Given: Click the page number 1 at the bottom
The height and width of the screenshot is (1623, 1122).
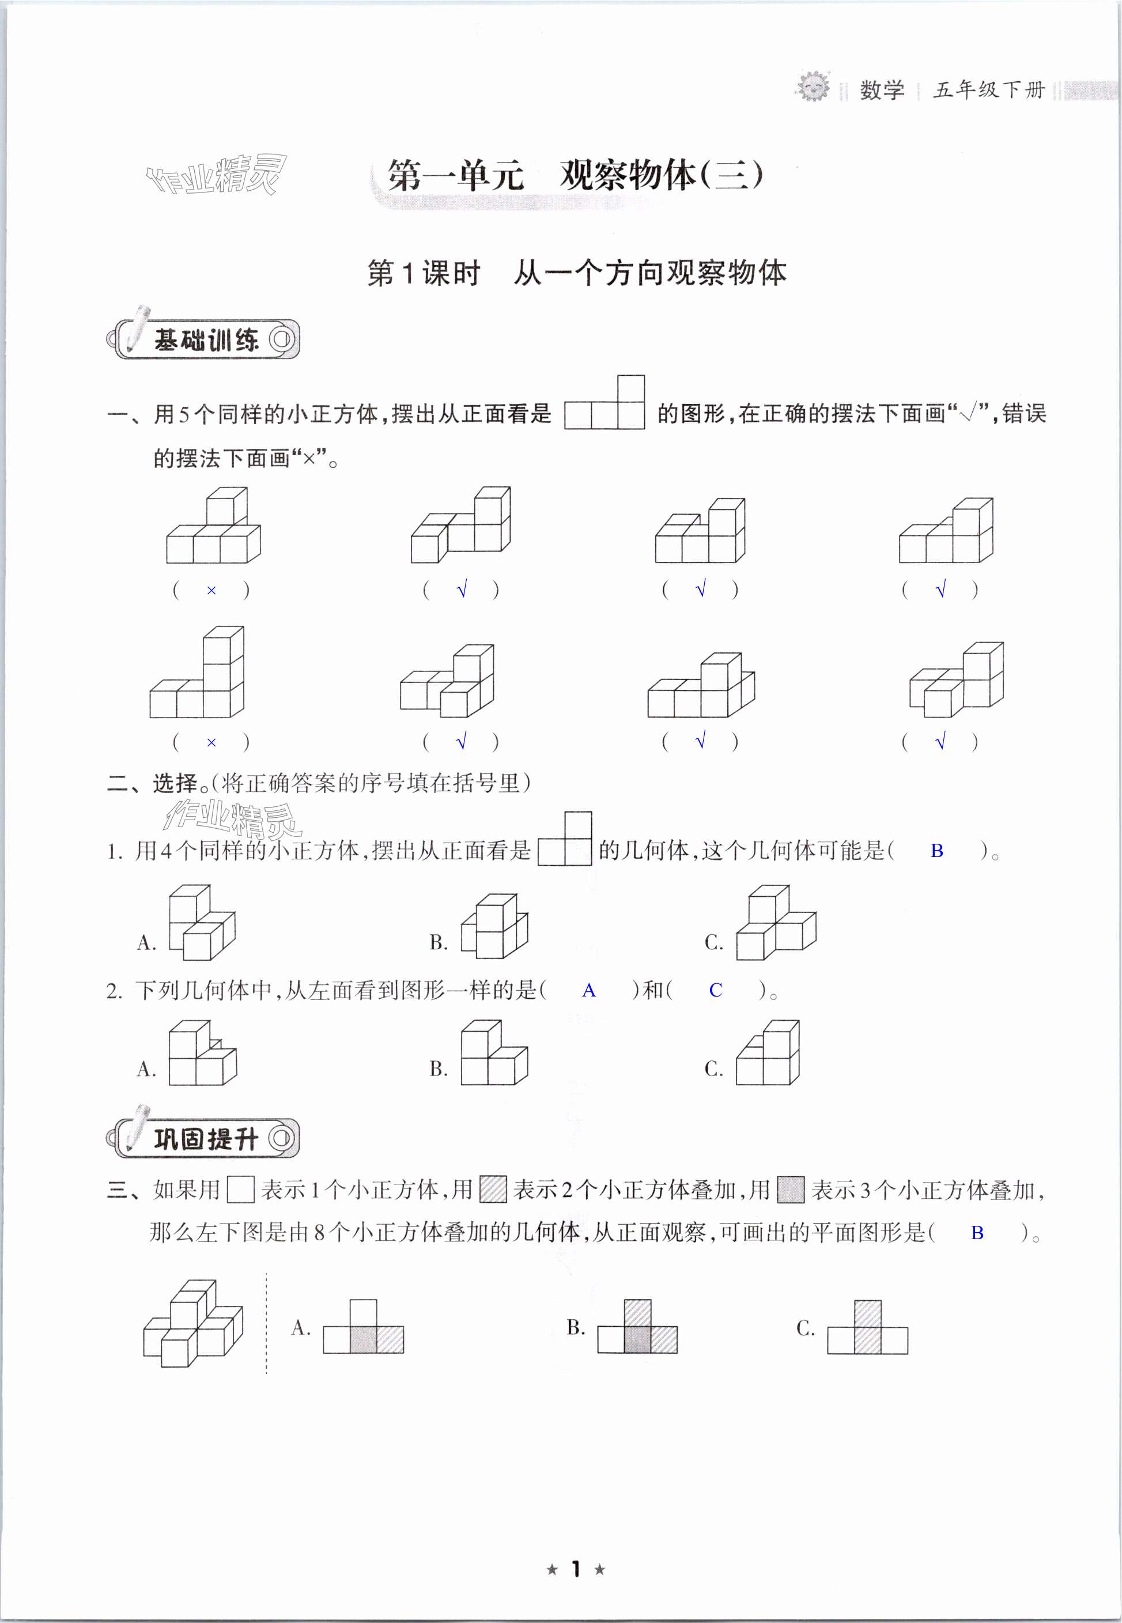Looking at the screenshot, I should coord(576,1568).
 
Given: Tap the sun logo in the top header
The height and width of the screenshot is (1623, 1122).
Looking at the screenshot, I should coord(813,87).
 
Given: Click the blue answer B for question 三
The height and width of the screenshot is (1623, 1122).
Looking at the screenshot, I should coord(976,1232).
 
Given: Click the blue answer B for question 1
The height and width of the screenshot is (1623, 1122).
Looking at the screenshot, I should coord(936,851).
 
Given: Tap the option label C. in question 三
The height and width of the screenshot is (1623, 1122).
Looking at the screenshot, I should coord(806,1328).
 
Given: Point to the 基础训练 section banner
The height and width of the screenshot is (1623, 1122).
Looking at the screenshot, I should coord(205,339).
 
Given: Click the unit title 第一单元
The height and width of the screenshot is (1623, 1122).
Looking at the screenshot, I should coord(456,175).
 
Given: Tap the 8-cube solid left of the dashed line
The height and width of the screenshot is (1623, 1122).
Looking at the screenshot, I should coord(192,1323).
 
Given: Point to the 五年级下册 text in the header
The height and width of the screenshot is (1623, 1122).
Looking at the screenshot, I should coord(988,90).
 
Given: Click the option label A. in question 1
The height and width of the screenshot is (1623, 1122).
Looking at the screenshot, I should coord(146,942).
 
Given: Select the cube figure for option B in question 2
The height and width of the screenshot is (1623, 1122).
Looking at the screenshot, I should coord(494,1053).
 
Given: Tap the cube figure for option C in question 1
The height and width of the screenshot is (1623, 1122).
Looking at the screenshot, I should coord(776,923).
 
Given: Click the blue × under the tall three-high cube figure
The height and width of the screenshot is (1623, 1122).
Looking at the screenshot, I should coord(211,742).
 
